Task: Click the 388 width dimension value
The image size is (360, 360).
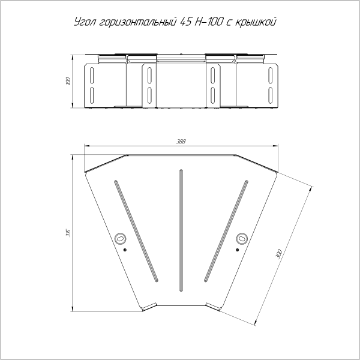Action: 181,142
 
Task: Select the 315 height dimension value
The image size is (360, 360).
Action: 68,233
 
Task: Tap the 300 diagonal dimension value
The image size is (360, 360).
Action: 279,254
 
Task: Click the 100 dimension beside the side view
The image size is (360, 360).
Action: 68,81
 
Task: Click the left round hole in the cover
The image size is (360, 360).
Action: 121,239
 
